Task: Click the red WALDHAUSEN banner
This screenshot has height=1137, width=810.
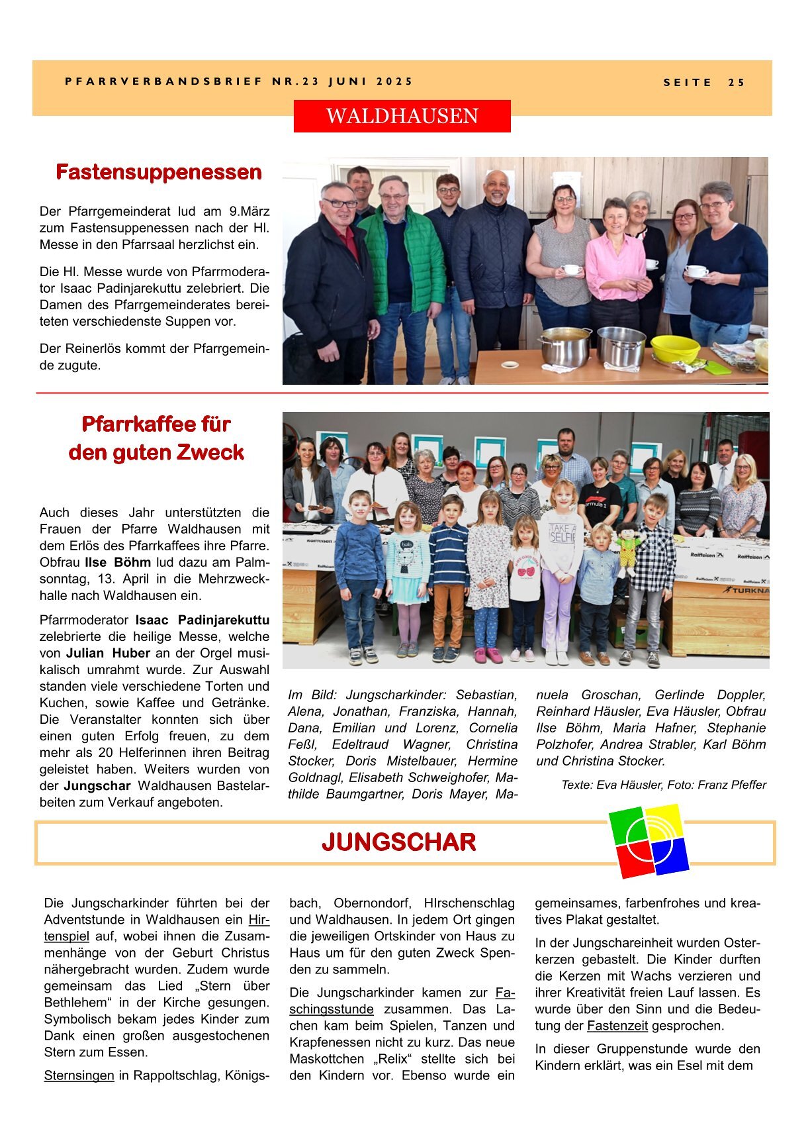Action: point(402,116)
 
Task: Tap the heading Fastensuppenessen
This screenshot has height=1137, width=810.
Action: point(159,172)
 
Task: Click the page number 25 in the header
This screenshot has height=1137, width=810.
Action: point(736,83)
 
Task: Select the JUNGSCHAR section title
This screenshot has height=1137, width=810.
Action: point(398,842)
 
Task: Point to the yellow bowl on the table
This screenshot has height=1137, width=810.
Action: point(674,348)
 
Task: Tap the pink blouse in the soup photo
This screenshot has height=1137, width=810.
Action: point(614,265)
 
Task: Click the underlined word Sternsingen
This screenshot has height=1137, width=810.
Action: point(79,1075)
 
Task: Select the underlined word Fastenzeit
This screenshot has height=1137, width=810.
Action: point(617,1026)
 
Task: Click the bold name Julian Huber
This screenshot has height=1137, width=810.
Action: point(108,653)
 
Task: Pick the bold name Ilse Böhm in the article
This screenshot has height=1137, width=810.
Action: point(118,562)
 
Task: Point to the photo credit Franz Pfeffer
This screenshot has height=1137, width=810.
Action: point(732,785)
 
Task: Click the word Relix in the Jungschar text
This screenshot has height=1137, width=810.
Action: point(400,1059)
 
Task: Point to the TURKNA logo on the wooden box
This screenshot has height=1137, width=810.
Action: point(746,589)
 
